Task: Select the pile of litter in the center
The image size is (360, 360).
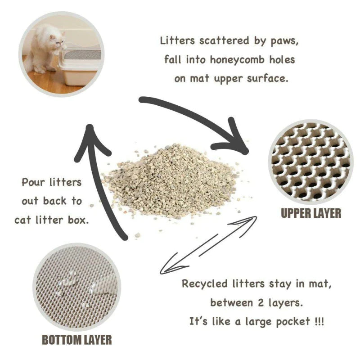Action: tap(171, 180)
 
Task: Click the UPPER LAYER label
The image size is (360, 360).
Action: tap(311, 212)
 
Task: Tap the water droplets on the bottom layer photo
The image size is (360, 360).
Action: tap(72, 283)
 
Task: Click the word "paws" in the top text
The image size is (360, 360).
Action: tap(283, 40)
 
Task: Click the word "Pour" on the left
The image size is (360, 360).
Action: tap(34, 183)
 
